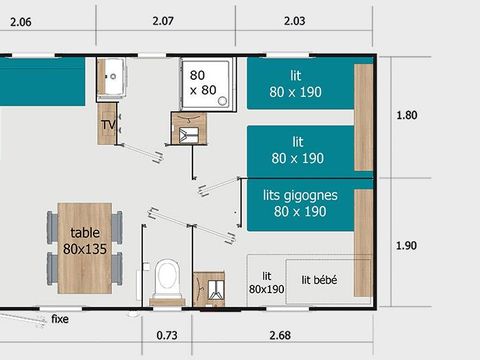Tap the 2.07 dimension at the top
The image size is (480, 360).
pyautogui.click(x=166, y=21)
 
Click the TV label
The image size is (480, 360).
pyautogui.click(x=108, y=124)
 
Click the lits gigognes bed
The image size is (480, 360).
pyautogui.click(x=300, y=204)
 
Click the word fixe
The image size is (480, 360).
pyautogui.click(x=62, y=319)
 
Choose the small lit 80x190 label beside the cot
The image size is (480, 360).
pyautogui.click(x=266, y=283)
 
